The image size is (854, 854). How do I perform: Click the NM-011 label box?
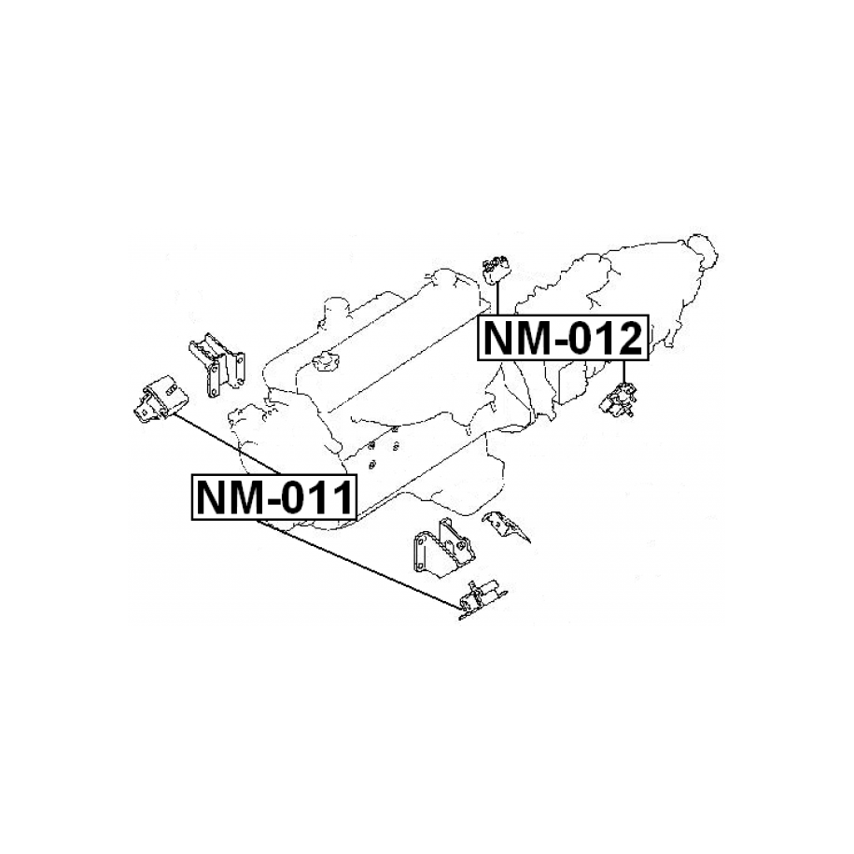pos(274,497)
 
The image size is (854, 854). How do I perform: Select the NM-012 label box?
pos(563,337)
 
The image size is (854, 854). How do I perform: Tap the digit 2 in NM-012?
pos(626,338)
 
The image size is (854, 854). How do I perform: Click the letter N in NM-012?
pos(499,338)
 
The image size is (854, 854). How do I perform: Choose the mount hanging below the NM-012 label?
pos(619,400)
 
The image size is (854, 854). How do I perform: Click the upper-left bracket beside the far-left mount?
pos(217,365)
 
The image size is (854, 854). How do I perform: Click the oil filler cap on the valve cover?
pos(327,361)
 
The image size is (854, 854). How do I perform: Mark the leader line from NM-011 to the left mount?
pos(227,444)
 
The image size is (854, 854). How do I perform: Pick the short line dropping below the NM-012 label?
pos(624,371)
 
